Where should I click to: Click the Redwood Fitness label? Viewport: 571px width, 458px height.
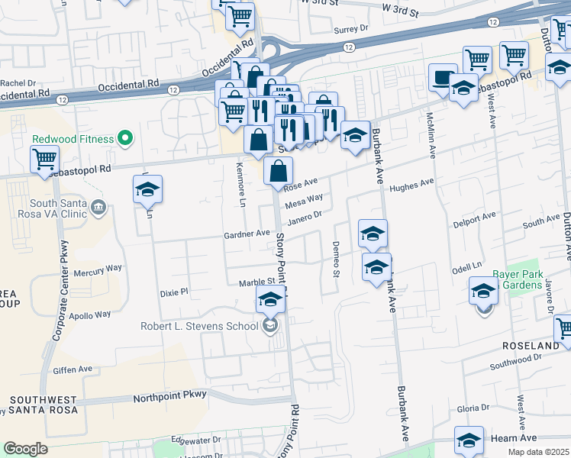(73, 139)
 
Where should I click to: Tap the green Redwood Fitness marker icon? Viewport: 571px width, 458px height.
(127, 139)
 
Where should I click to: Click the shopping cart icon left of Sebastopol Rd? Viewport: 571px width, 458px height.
(45, 160)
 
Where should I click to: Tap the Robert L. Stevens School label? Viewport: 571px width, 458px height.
(199, 327)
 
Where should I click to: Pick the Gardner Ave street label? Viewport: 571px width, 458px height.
(247, 234)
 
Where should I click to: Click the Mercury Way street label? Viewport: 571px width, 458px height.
(98, 269)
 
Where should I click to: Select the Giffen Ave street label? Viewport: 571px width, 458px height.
(73, 369)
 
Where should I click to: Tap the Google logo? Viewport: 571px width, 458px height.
(25, 448)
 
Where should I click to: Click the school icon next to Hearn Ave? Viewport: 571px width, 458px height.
(469, 440)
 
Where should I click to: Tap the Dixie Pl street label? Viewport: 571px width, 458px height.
(173, 292)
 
